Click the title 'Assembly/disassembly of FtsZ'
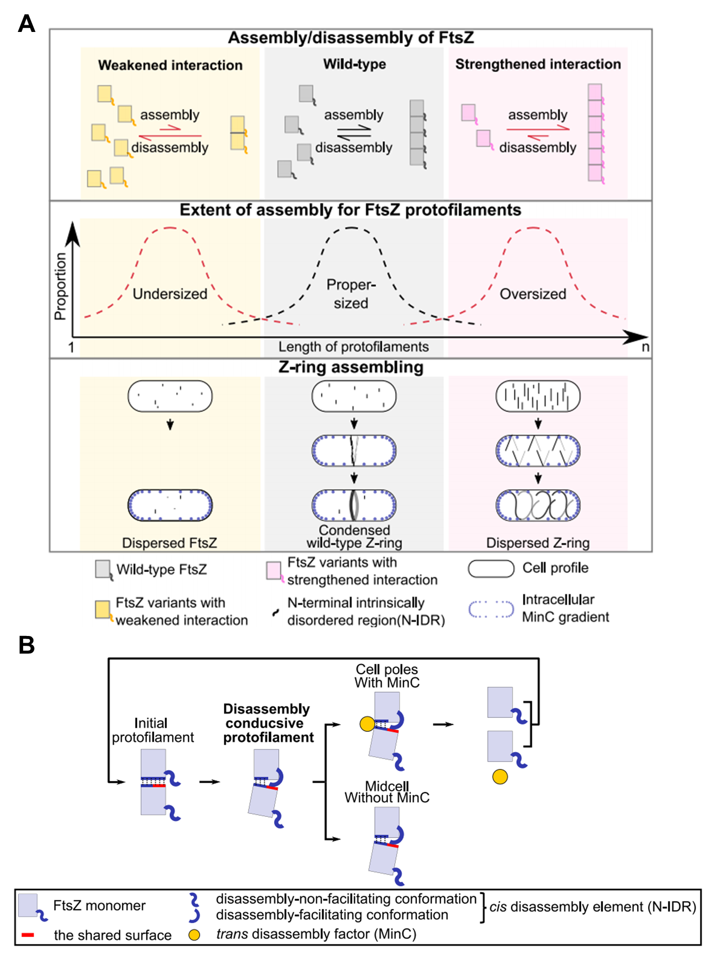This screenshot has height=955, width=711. tap(351, 38)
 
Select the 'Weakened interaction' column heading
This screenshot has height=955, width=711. tap(170, 65)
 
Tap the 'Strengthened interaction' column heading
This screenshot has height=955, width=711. tap(538, 64)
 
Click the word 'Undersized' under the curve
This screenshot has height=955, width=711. tap(170, 294)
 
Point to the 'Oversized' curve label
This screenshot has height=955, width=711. tap(533, 294)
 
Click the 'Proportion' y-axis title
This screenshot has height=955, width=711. tap(61, 286)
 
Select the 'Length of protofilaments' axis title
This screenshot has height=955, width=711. tap(353, 347)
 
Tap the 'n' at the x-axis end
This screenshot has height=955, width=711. tap(645, 347)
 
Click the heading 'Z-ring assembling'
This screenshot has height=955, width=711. tap(351, 367)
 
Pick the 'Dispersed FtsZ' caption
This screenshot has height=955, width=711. tap(170, 543)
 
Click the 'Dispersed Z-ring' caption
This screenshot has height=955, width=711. tap(538, 543)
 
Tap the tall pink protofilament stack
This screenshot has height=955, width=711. tap(595, 133)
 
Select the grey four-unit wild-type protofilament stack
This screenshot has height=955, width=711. tap(417, 133)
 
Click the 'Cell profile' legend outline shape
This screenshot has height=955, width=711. tap(491, 568)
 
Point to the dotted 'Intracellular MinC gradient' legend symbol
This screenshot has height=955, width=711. tap(491, 609)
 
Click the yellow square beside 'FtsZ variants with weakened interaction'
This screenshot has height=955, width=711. tap(103, 610)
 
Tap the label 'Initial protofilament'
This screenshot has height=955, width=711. tap(153, 730)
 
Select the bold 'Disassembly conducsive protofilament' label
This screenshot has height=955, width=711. tap(268, 723)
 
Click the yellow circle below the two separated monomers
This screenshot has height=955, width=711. tap(500, 777)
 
